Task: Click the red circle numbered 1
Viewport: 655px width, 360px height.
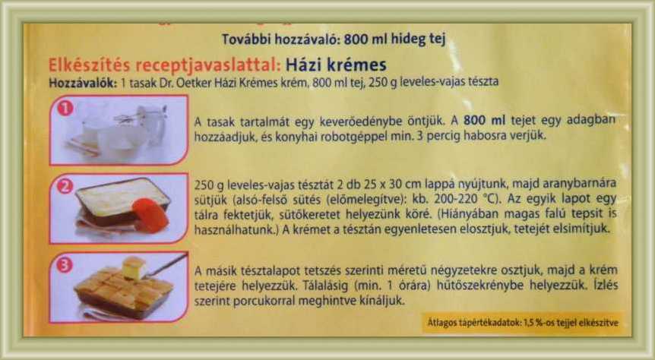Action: point(65,109)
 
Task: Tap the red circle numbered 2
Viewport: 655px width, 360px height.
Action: point(65,186)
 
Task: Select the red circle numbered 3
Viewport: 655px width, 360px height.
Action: point(65,265)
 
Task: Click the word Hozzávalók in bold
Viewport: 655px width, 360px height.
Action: point(83,82)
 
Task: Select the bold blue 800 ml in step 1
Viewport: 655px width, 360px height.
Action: point(485,120)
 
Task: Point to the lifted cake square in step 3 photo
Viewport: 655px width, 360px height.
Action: point(134,267)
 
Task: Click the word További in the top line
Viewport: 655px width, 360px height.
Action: point(242,39)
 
